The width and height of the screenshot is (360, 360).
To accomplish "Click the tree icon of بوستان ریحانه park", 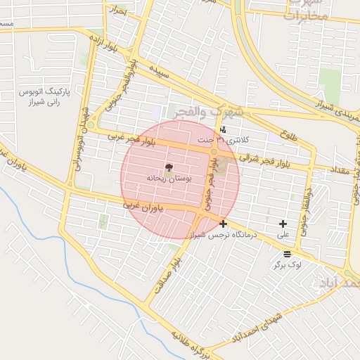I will point(169,167).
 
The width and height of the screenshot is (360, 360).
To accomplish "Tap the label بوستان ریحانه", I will point(169,179).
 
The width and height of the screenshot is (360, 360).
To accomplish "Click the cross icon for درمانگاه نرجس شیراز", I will point(224,224).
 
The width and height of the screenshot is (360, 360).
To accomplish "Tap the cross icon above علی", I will point(283,224).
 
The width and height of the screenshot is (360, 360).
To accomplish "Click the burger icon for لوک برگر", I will point(286,254).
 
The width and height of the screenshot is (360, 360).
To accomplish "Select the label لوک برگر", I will point(288,265).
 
